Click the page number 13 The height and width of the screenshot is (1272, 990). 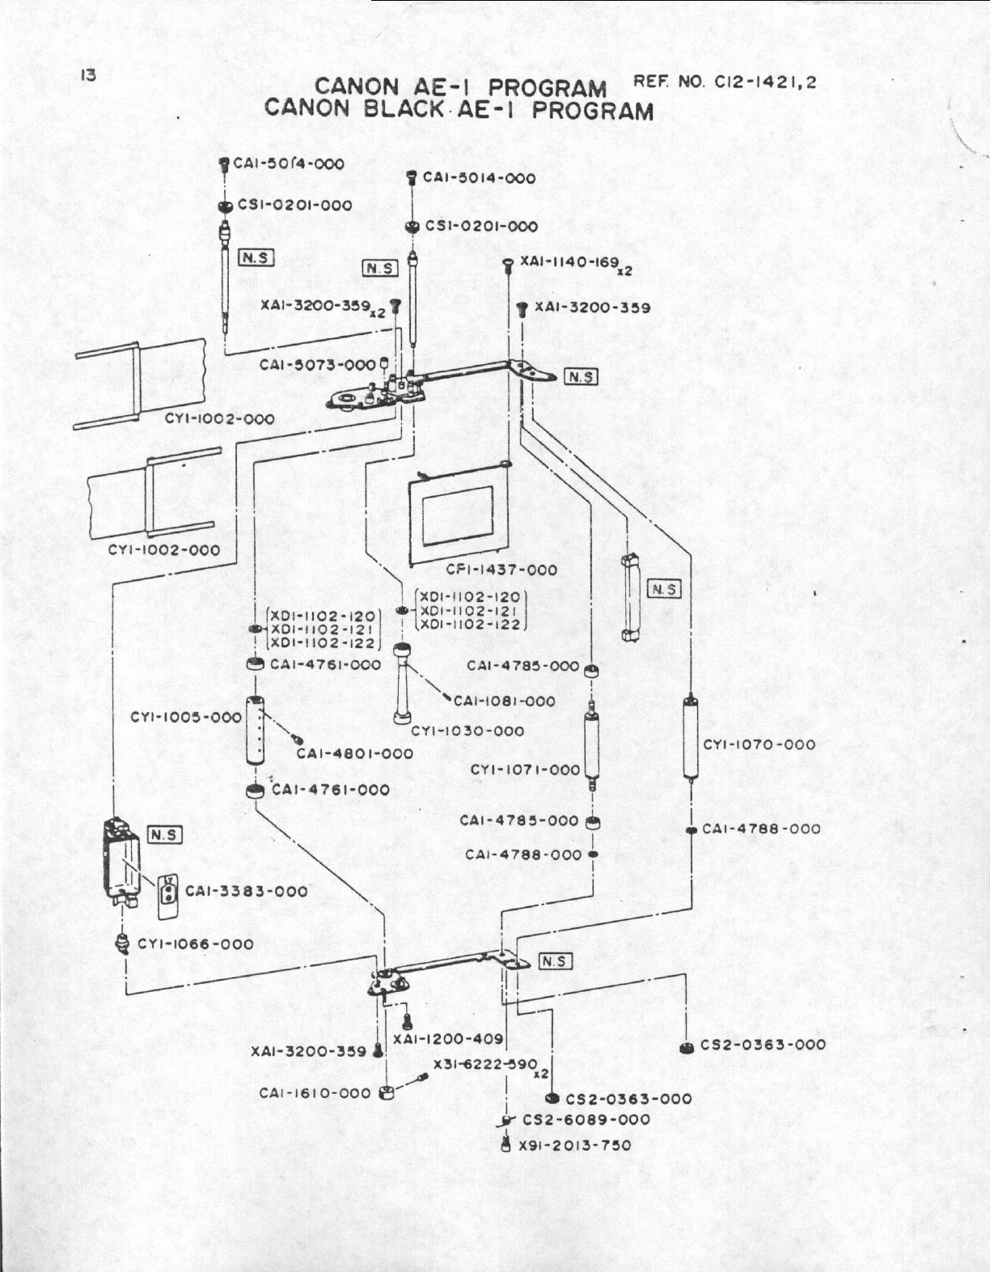click(88, 76)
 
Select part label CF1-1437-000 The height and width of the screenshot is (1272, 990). click(501, 570)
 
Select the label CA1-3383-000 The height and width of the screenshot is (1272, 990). click(247, 891)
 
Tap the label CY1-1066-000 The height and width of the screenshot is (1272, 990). click(195, 943)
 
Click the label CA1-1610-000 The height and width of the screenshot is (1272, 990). click(315, 1093)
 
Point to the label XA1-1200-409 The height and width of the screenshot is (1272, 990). click(448, 1038)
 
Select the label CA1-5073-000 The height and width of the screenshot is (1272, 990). click(317, 365)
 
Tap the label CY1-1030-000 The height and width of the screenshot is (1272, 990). click(467, 731)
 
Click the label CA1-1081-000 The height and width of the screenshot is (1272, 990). click(505, 701)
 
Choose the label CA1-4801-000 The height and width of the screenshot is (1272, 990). click(354, 753)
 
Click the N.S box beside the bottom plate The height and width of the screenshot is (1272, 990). click(556, 961)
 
